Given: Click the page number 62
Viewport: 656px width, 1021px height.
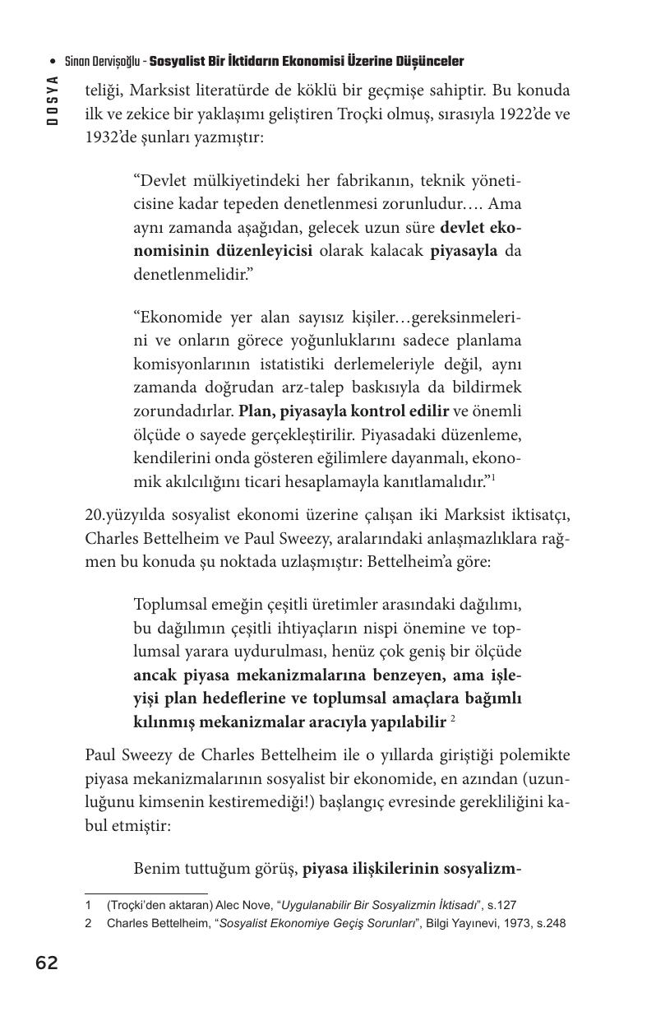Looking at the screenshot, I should (x=47, y=963).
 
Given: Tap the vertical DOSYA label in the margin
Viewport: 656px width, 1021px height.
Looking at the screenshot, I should (x=53, y=100).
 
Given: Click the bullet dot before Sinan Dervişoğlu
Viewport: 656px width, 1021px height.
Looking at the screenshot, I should (x=53, y=62).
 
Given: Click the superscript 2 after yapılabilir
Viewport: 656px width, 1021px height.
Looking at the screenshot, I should (x=453, y=719).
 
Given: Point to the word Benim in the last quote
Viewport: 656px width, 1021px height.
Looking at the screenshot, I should (x=155, y=868).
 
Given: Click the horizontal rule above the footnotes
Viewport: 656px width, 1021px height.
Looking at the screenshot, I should (x=146, y=893).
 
